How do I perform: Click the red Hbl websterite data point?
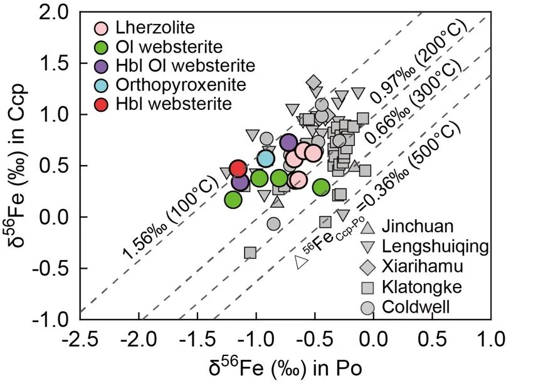pyautogui.click(x=238, y=168)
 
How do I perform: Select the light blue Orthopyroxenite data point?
pyautogui.click(x=266, y=159)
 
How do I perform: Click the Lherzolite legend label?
pyautogui.click(x=155, y=28)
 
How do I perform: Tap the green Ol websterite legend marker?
pyautogui.click(x=102, y=48)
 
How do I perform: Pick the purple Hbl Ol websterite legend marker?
pyautogui.click(x=102, y=67)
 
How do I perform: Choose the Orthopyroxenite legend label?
pyautogui.click(x=181, y=85)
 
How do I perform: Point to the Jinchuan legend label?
pyautogui.click(x=418, y=226)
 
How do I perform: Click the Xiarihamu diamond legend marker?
pyautogui.click(x=367, y=267)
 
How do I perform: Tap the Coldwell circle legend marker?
pyautogui.click(x=367, y=308)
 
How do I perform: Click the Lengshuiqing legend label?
pyautogui.click(x=435, y=247)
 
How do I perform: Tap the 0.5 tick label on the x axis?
pyautogui.click(x=433, y=339)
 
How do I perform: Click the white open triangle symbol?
pyautogui.click(x=301, y=262)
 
